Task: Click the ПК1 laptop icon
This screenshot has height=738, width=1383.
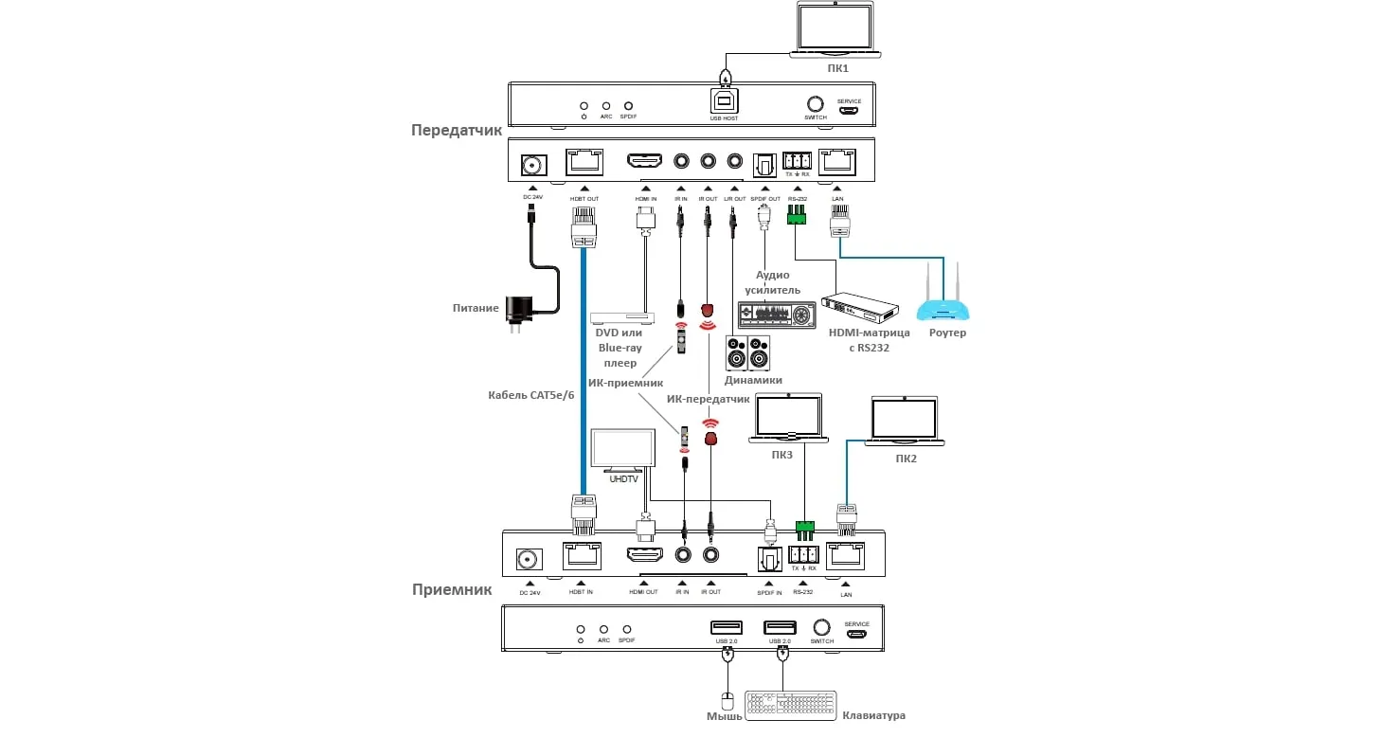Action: (835, 30)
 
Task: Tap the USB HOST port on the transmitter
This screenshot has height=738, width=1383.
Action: (724, 101)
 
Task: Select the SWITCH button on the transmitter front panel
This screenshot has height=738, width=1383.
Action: (815, 103)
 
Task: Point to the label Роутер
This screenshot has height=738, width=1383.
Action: (947, 333)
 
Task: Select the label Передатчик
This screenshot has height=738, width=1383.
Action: (457, 130)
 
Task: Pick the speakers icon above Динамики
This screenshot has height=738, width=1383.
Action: (748, 353)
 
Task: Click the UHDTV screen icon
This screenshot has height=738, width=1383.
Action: (622, 449)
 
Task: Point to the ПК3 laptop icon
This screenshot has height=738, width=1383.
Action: (786, 419)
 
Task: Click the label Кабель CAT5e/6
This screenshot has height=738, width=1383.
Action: (531, 395)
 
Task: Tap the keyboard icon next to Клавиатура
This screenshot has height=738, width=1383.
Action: (791, 705)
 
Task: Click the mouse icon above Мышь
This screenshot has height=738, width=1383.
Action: (727, 701)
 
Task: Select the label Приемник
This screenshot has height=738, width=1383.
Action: (452, 589)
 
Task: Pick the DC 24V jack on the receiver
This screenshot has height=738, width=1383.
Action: (529, 560)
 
